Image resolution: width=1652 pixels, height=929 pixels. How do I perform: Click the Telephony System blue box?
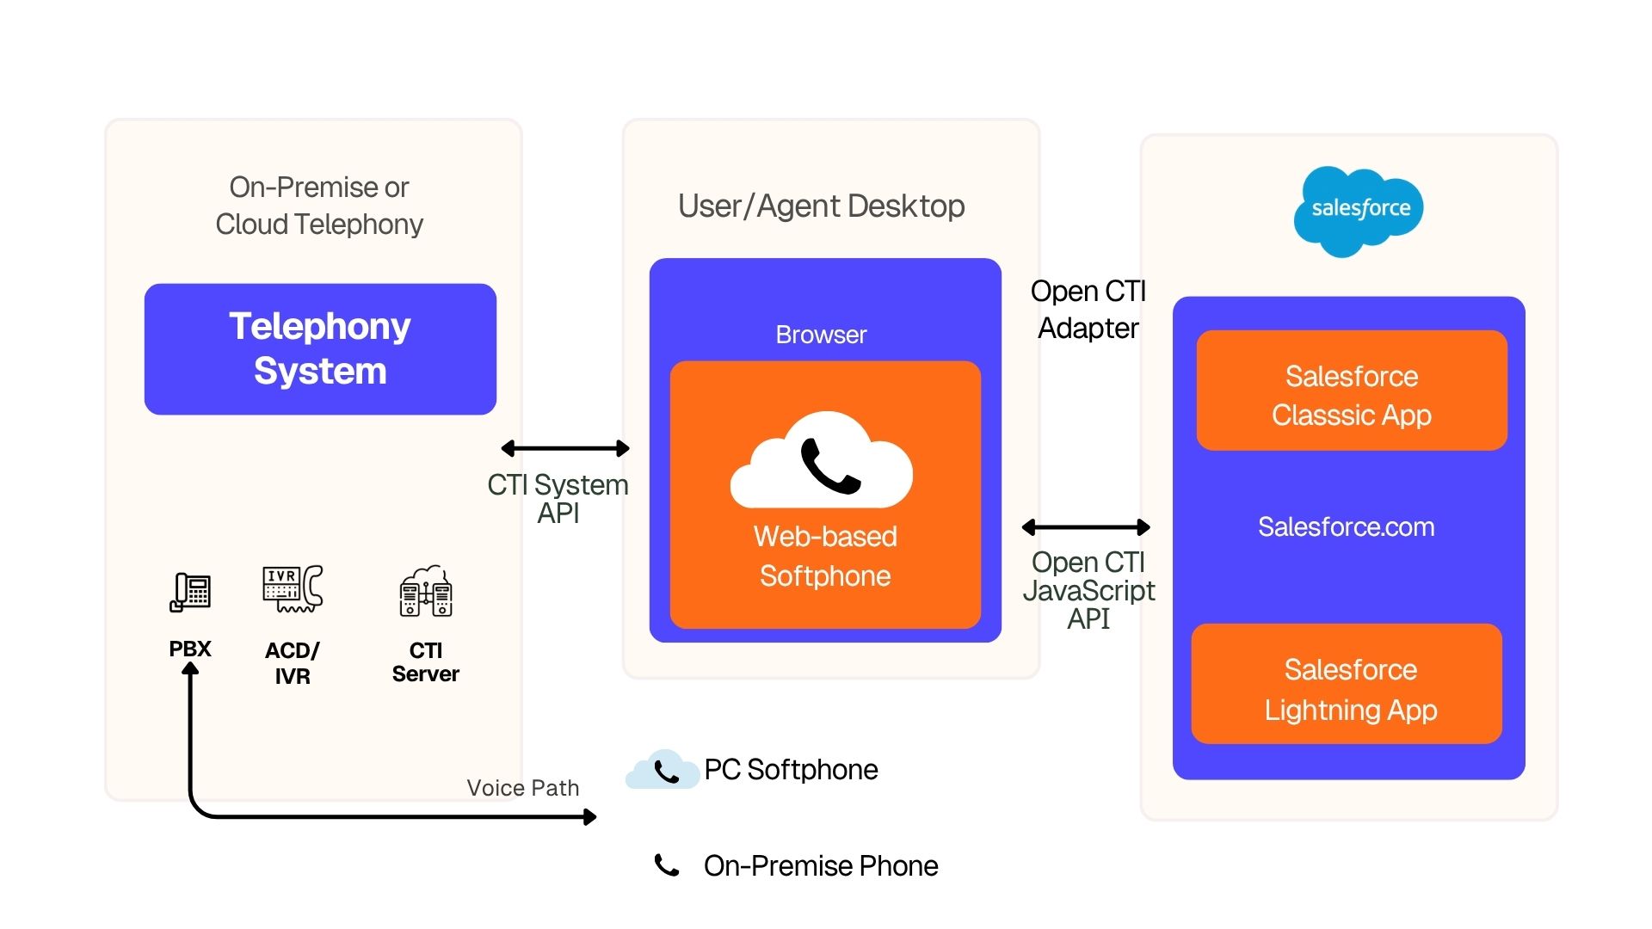(x=320, y=349)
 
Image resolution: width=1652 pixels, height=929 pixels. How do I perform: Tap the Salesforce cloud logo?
(x=1359, y=210)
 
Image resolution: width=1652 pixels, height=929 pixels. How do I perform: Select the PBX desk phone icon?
(x=190, y=592)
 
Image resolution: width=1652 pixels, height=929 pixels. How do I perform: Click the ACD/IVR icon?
(x=293, y=589)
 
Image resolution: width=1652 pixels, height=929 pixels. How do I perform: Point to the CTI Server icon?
(x=426, y=592)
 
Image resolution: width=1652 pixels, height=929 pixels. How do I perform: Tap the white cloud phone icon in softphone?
(x=822, y=463)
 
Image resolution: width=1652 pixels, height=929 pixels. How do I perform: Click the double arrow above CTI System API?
(x=565, y=448)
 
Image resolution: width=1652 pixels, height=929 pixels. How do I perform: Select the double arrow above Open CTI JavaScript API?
(x=1086, y=527)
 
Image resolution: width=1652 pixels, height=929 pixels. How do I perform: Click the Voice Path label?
(x=522, y=788)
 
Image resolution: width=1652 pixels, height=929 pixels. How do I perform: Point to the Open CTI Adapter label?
(x=1088, y=310)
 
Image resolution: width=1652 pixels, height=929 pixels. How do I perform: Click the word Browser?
(x=821, y=335)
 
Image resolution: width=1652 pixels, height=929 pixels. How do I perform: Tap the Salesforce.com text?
(x=1346, y=526)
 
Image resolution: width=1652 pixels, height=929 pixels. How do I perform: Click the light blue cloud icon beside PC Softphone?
(x=662, y=770)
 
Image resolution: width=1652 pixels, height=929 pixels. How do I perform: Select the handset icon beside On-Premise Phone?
(x=667, y=865)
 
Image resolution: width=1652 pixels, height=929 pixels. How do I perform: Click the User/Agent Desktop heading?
(x=821, y=206)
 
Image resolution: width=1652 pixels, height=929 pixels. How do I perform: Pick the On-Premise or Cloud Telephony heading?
(x=319, y=206)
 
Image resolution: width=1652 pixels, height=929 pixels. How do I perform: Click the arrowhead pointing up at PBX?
(x=190, y=668)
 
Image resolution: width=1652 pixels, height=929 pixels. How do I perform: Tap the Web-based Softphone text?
(x=825, y=556)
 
